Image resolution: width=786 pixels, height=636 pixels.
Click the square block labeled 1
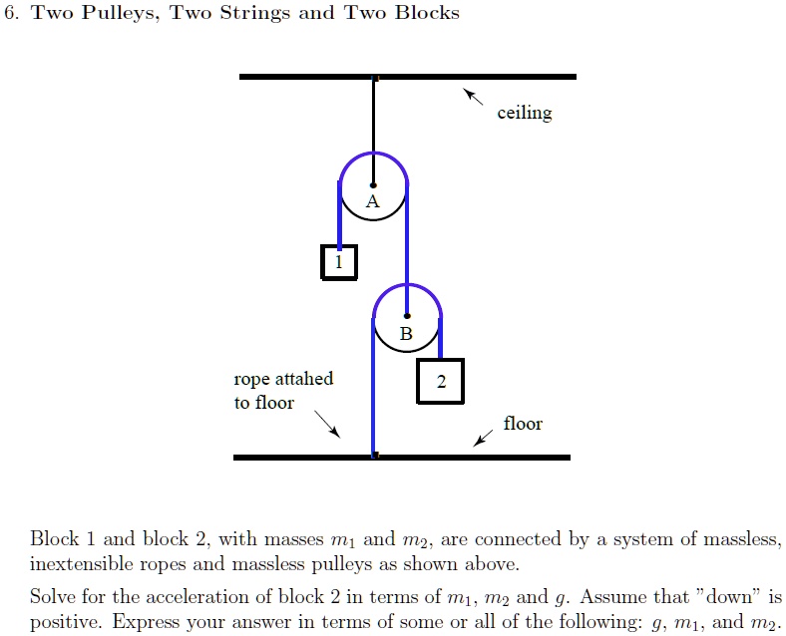click(x=339, y=262)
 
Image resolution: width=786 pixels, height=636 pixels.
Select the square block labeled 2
click(x=441, y=381)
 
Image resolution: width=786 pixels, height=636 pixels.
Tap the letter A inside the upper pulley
click(x=372, y=201)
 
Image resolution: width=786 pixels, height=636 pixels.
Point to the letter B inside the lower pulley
click(x=406, y=334)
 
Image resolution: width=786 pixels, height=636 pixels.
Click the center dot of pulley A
click(x=373, y=185)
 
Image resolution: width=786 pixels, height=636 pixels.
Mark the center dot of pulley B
click(x=407, y=316)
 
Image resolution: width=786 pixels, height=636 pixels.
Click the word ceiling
click(x=525, y=113)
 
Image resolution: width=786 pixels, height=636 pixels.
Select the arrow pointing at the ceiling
click(x=473, y=97)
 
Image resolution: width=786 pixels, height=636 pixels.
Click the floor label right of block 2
click(x=523, y=424)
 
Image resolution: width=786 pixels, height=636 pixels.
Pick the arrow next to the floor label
click(x=483, y=439)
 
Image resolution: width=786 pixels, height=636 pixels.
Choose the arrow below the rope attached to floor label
click(x=327, y=425)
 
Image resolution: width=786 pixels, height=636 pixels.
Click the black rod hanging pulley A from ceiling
click(x=373, y=132)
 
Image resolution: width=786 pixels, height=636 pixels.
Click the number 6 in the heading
click(x=10, y=13)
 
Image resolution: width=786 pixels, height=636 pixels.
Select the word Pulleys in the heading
click(x=121, y=13)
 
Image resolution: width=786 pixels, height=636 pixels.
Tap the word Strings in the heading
click(x=255, y=13)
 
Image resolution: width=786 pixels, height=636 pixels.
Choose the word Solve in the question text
click(x=52, y=596)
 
